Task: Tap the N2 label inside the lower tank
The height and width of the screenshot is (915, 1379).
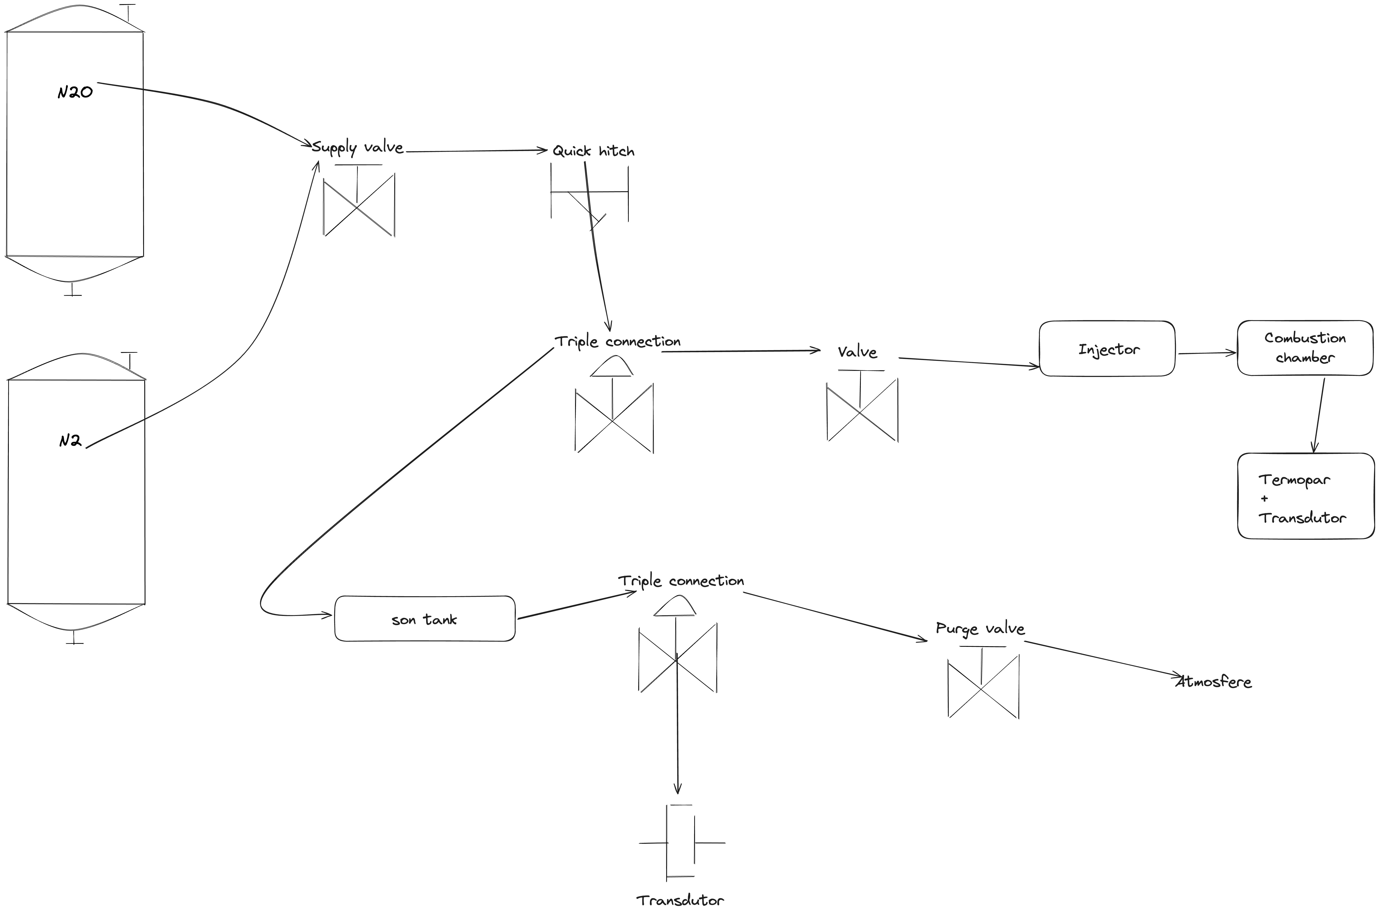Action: (70, 441)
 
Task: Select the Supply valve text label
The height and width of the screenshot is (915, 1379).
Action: (357, 148)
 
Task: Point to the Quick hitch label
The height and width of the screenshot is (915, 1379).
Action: (593, 151)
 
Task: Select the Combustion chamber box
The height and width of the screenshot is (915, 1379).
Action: (1305, 348)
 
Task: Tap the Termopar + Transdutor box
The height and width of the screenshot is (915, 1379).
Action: (1305, 496)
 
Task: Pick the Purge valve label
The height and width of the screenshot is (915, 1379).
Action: (980, 628)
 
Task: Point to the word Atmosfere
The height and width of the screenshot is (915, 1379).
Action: (1214, 682)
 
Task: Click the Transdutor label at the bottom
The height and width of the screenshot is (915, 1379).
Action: (680, 900)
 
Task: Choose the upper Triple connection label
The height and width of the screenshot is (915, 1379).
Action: (618, 341)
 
